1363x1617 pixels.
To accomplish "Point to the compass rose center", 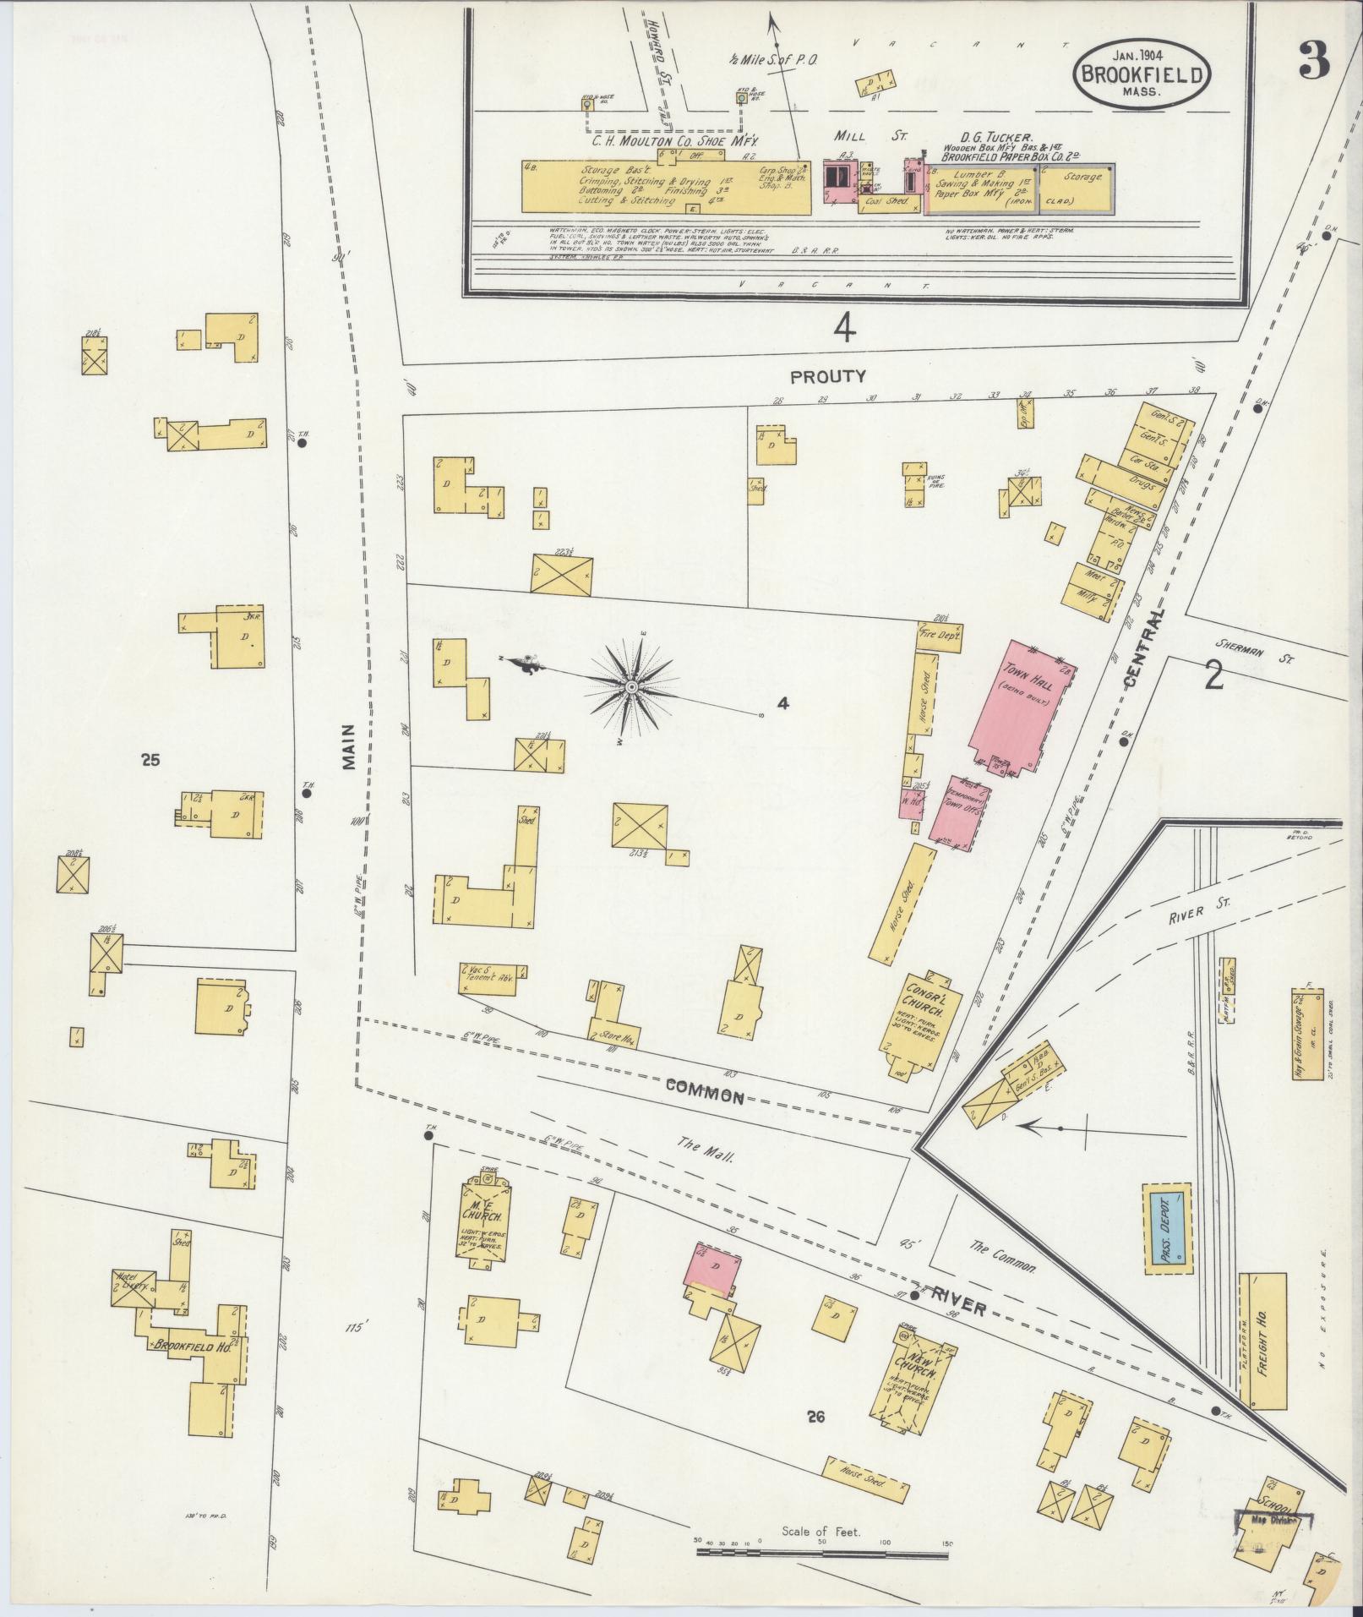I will tap(631, 687).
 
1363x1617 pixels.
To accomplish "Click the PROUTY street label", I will tap(816, 377).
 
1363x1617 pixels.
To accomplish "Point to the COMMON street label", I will tap(704, 1090).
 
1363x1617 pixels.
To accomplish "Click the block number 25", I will tap(151, 760).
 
